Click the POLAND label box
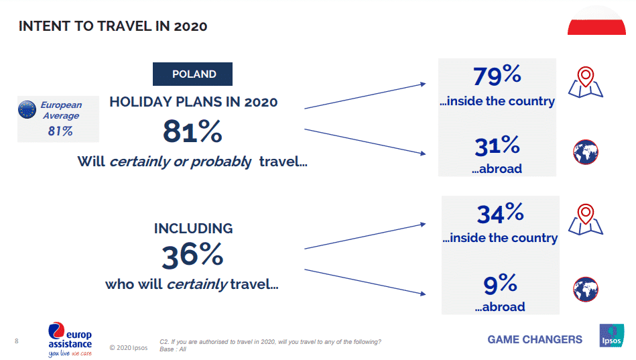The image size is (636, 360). point(193,74)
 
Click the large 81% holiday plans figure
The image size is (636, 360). point(192,131)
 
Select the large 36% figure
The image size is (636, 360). point(192,255)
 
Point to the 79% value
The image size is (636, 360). point(497,76)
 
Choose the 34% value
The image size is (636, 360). point(500,213)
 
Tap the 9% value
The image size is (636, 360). point(500,284)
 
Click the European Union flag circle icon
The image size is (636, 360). point(27,109)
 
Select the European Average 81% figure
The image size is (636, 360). point(60,131)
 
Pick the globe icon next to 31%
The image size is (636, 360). point(586,152)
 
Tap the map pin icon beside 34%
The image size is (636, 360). point(586,219)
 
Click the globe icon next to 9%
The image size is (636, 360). point(586,290)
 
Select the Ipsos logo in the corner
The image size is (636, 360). point(611,336)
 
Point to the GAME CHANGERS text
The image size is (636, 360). point(535,339)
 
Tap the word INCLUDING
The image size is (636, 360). point(193,229)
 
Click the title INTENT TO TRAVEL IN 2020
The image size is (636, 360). point(113,26)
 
